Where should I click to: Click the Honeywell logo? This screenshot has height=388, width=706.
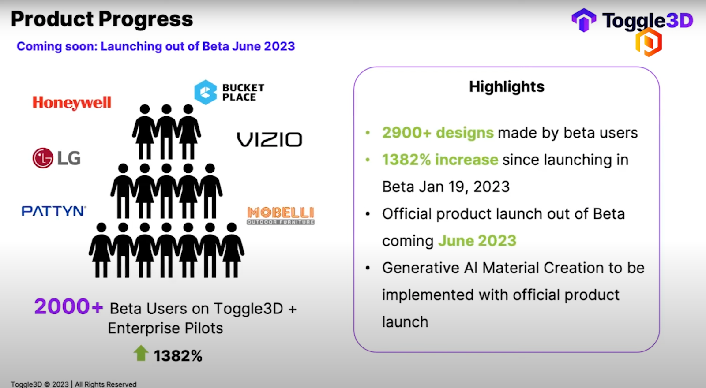tap(72, 103)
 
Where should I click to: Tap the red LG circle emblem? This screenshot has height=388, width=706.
tap(43, 158)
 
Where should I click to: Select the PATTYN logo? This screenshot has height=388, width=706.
tap(54, 211)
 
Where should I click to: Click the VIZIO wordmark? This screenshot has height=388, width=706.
tap(270, 140)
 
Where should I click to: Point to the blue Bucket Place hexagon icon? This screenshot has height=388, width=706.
tap(206, 92)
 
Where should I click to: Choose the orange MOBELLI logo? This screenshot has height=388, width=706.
tap(281, 215)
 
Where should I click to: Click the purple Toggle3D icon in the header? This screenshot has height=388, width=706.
tap(584, 20)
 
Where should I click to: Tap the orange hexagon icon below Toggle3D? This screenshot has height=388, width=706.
tap(648, 43)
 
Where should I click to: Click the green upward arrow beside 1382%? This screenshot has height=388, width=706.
tap(141, 353)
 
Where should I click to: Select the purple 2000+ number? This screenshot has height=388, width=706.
tap(68, 306)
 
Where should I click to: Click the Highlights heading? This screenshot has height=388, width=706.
tap(507, 87)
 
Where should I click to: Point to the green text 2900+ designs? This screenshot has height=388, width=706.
tap(437, 133)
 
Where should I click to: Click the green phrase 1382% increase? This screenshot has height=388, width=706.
tap(440, 160)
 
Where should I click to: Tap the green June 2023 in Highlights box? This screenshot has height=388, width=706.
tap(477, 241)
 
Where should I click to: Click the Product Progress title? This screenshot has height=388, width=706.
tap(102, 19)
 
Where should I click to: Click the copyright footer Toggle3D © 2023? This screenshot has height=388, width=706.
tap(40, 384)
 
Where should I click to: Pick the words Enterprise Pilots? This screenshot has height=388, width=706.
tap(165, 328)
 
